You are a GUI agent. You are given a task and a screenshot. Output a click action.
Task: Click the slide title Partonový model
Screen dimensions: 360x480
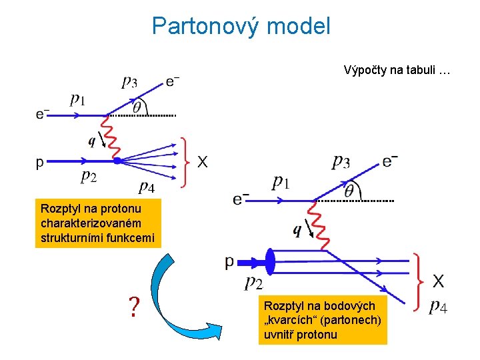241,26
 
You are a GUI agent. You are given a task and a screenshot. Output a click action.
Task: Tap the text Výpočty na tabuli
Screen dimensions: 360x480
397,69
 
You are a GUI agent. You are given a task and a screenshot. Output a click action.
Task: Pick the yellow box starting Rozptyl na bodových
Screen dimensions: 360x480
323,320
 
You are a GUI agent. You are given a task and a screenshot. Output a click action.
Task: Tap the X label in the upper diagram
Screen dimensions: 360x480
202,161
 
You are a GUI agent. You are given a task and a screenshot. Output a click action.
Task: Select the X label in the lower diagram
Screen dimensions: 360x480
439,281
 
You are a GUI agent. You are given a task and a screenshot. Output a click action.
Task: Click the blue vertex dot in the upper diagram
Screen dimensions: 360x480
117,161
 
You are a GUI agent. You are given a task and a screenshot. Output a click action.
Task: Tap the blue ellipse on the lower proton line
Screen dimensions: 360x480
271,261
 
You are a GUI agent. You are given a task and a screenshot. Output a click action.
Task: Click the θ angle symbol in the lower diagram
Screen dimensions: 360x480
349,191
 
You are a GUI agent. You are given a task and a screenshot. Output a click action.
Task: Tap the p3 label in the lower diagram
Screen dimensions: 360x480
341,161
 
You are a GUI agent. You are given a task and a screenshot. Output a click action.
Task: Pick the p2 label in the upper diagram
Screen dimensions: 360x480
89,176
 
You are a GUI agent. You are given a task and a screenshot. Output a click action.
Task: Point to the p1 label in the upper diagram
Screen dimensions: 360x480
78,100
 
